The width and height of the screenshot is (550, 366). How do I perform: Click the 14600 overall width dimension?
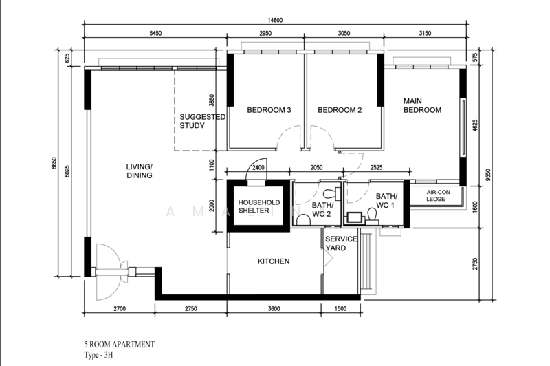(x=276, y=20)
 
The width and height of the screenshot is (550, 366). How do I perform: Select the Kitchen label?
(x=274, y=261)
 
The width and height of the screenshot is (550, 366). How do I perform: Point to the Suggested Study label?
(x=202, y=121)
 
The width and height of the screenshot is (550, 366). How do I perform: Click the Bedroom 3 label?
(x=269, y=110)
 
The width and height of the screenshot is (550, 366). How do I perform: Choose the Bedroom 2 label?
(x=340, y=110)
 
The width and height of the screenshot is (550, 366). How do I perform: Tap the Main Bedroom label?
(x=422, y=106)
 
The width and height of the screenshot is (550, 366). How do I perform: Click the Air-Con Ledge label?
(x=438, y=195)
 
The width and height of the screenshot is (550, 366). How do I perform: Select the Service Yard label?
(x=341, y=244)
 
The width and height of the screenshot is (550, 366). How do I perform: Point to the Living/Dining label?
(x=140, y=171)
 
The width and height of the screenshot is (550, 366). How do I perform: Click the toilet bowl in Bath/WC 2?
(x=303, y=220)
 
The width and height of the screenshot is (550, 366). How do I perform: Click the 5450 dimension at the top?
(x=155, y=33)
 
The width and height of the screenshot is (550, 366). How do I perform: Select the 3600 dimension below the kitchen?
(x=274, y=309)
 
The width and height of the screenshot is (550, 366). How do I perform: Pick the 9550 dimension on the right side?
(x=489, y=175)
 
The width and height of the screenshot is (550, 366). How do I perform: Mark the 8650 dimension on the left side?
(x=54, y=163)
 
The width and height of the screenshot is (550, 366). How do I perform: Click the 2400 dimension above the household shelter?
(x=258, y=168)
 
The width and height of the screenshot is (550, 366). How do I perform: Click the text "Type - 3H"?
(x=98, y=355)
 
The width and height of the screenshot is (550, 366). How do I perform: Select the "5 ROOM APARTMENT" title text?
(x=119, y=344)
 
